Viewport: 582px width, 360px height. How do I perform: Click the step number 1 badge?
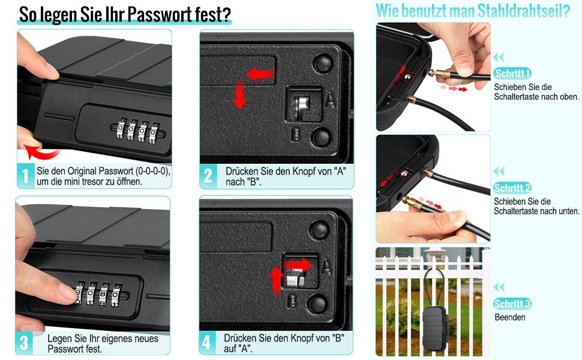26,176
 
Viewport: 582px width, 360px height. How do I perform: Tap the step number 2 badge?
208,176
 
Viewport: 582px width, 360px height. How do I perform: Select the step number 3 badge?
24,343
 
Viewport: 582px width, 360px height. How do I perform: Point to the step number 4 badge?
207,342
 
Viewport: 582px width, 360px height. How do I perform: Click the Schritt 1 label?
512,73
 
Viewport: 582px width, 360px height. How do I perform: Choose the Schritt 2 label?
512,188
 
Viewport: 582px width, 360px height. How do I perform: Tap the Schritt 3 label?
512,304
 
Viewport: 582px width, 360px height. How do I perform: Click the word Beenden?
510,317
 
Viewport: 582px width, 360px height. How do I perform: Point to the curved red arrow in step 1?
41,151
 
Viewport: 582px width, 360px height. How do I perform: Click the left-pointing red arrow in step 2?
260,74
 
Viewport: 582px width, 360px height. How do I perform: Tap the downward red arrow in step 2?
239,95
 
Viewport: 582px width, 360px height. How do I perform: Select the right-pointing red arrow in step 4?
298,265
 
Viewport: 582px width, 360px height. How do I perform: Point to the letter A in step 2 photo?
330,100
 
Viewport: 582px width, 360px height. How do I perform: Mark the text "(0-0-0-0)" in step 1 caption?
153,171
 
